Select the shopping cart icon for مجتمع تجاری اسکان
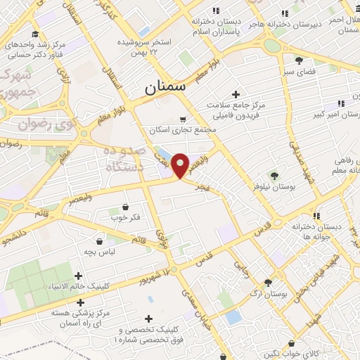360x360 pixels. click(184, 120)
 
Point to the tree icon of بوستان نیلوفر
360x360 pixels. click(274, 176)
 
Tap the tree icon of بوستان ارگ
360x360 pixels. click(268, 281)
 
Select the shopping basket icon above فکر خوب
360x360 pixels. click(126, 207)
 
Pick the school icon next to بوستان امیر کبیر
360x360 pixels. click(342, 103)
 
